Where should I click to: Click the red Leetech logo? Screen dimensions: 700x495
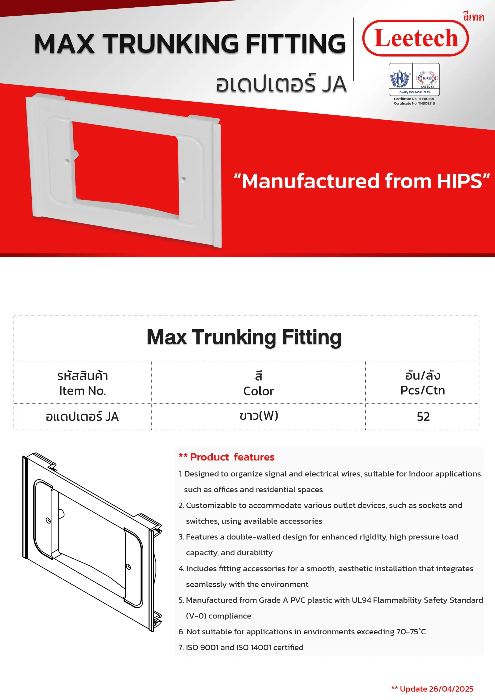415,38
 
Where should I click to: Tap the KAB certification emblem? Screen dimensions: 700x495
427,78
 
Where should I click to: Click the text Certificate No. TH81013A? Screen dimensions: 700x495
414,99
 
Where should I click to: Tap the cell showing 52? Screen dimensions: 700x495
423,417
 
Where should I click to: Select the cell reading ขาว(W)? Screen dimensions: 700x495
259,416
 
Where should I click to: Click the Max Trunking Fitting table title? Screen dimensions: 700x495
244,337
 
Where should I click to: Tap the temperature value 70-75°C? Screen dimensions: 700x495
410,631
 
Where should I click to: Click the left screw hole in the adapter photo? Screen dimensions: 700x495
67,161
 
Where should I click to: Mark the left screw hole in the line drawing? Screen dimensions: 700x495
48,520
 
